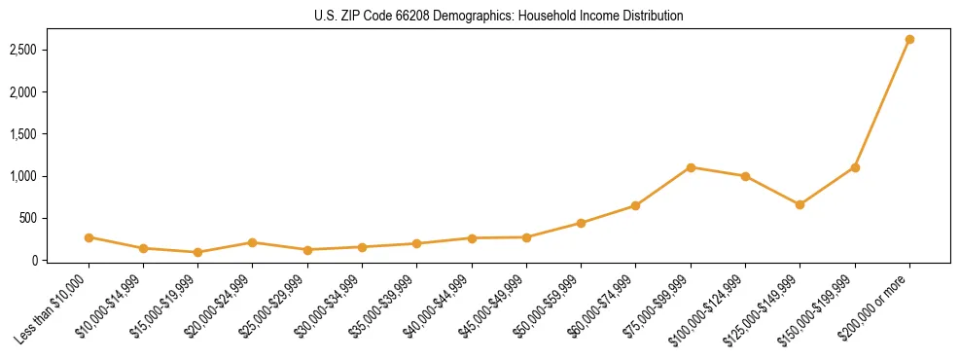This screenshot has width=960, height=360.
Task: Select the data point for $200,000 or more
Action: [909, 40]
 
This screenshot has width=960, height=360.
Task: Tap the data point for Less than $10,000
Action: [89, 237]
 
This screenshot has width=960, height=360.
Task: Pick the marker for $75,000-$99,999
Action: [691, 167]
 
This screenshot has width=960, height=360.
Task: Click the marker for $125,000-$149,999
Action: [800, 204]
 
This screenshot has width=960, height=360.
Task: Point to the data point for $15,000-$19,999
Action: [197, 252]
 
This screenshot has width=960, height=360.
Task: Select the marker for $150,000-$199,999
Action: [855, 167]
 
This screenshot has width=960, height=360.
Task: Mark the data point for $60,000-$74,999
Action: [635, 205]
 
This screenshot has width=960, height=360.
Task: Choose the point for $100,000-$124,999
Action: [745, 176]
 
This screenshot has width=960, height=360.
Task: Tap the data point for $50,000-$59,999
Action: [581, 223]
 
